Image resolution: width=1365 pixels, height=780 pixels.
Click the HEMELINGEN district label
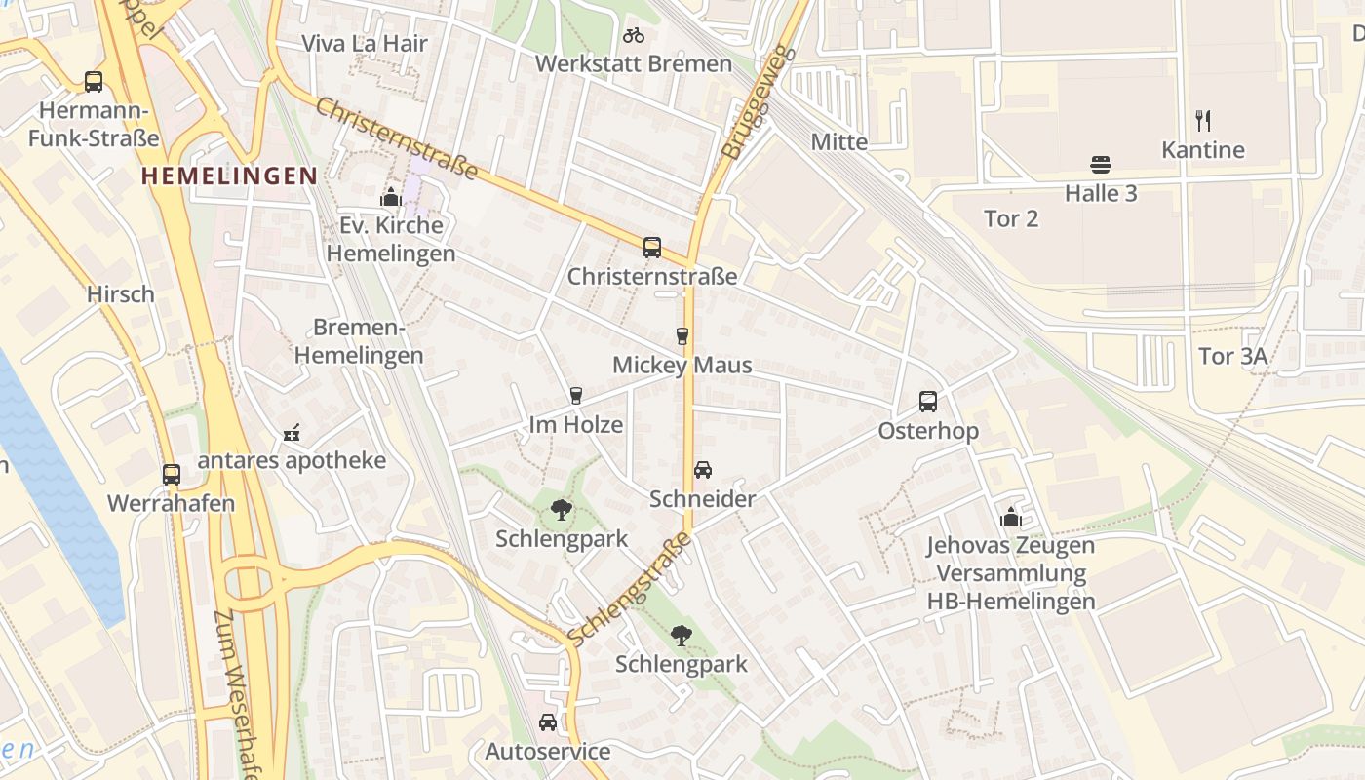[x=229, y=175]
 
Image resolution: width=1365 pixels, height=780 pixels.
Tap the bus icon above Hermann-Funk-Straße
[x=94, y=82]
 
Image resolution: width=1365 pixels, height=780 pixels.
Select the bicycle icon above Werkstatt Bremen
[x=634, y=35]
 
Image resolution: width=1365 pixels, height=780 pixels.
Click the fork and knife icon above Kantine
[x=1203, y=121]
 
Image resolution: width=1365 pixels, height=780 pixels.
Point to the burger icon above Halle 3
[x=1101, y=164]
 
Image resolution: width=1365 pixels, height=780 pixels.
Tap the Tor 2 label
[x=1011, y=218]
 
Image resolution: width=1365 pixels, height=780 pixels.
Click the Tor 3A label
[x=1232, y=357]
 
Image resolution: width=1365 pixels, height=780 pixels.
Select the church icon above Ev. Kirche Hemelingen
[x=391, y=197]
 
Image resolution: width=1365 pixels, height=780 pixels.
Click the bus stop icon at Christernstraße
[x=652, y=248]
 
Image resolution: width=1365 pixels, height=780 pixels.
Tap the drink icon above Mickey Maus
[x=682, y=336]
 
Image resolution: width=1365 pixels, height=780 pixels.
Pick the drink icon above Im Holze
[x=576, y=395]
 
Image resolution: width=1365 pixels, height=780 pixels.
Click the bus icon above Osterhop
[x=928, y=401]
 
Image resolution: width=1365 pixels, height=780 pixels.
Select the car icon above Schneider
[x=703, y=470]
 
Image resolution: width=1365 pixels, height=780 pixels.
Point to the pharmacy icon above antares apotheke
[x=292, y=432]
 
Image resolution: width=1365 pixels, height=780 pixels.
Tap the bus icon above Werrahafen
[x=172, y=475]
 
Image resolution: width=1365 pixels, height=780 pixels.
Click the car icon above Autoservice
[x=548, y=722]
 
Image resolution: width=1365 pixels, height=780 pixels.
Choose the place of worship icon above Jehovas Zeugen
[x=1011, y=516]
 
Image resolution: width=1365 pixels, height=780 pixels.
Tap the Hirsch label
[x=121, y=294]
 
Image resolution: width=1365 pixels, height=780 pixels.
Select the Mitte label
[x=838, y=142]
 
